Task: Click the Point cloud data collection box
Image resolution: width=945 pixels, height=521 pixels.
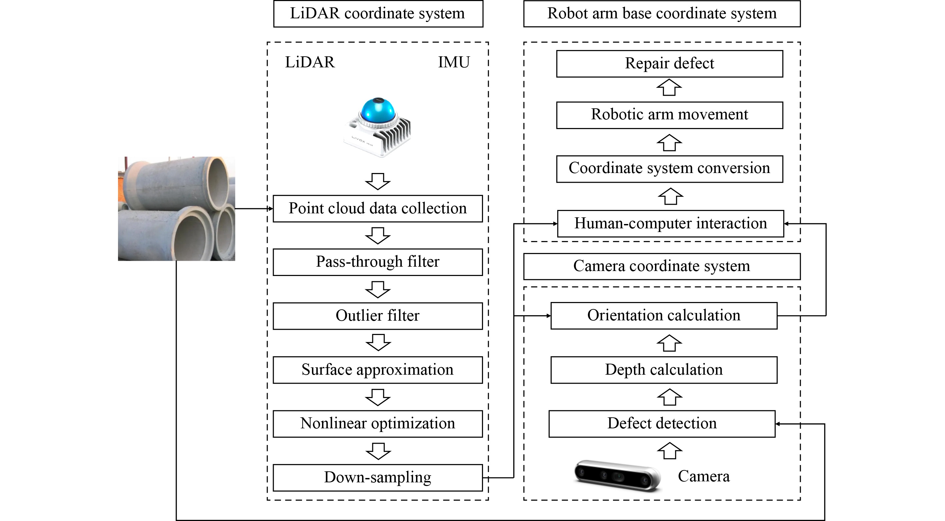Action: pyautogui.click(x=377, y=208)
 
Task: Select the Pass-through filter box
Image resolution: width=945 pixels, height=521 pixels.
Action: pyautogui.click(x=377, y=262)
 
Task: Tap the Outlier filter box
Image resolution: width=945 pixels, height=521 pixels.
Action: pyautogui.click(x=377, y=316)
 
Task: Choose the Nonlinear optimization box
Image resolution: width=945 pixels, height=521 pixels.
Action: pyautogui.click(x=377, y=424)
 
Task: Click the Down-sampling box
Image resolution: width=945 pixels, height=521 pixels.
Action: pyautogui.click(x=377, y=478)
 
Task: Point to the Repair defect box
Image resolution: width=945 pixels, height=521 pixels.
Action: pyautogui.click(x=669, y=63)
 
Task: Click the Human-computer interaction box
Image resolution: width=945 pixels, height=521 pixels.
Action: pyautogui.click(x=670, y=223)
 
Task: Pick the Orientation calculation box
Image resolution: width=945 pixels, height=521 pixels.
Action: pyautogui.click(x=664, y=316)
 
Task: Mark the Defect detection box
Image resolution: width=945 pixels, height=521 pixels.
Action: pyautogui.click(x=662, y=424)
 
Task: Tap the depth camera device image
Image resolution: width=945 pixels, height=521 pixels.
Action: pyautogui.click(x=617, y=476)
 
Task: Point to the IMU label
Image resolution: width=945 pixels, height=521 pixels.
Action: pyautogui.click(x=454, y=62)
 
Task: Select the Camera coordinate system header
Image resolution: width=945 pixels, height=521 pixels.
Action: pyautogui.click(x=661, y=266)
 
